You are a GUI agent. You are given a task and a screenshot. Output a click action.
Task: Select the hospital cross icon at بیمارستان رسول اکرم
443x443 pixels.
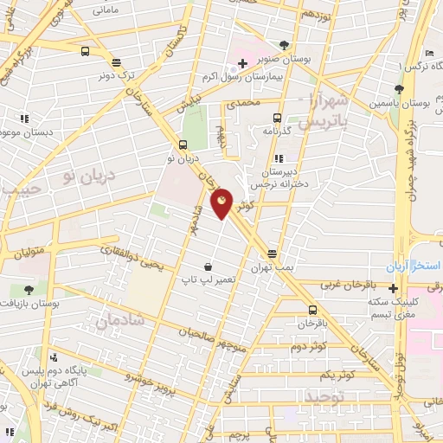(x=242, y=63)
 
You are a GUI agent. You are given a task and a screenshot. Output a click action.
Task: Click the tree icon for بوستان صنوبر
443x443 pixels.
(x=286, y=45)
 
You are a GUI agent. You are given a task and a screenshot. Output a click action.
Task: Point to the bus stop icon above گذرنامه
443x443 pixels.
(x=277, y=119)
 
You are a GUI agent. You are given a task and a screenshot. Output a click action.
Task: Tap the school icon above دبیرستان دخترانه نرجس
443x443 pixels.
(x=277, y=158)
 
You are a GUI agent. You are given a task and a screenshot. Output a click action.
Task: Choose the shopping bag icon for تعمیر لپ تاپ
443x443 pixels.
(x=208, y=267)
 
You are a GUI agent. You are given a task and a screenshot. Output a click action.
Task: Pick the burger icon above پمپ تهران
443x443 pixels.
(x=272, y=254)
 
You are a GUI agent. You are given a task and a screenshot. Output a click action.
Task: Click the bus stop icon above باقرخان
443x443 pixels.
(x=312, y=309)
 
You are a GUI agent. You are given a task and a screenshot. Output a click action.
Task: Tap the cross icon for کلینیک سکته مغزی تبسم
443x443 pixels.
(x=394, y=288)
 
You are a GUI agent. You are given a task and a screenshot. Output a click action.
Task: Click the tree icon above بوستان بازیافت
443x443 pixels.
(x=29, y=290)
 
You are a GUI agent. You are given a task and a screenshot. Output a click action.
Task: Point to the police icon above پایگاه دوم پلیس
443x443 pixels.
(x=54, y=357)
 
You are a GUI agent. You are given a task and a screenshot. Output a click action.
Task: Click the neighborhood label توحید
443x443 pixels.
(x=324, y=395)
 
